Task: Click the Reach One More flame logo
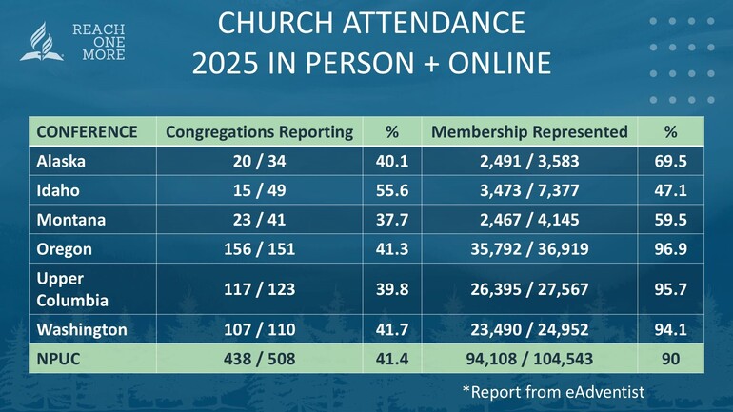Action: (x=43, y=44)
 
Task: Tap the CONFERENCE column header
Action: (x=87, y=132)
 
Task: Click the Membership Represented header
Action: (x=529, y=132)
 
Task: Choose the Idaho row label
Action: (x=56, y=190)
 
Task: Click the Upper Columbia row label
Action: (x=72, y=289)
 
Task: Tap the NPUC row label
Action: (x=58, y=359)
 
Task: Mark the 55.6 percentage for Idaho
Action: (x=391, y=190)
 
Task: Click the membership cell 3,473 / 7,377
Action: (x=529, y=190)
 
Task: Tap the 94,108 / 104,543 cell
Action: (x=529, y=359)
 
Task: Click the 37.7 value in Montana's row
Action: (x=391, y=220)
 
